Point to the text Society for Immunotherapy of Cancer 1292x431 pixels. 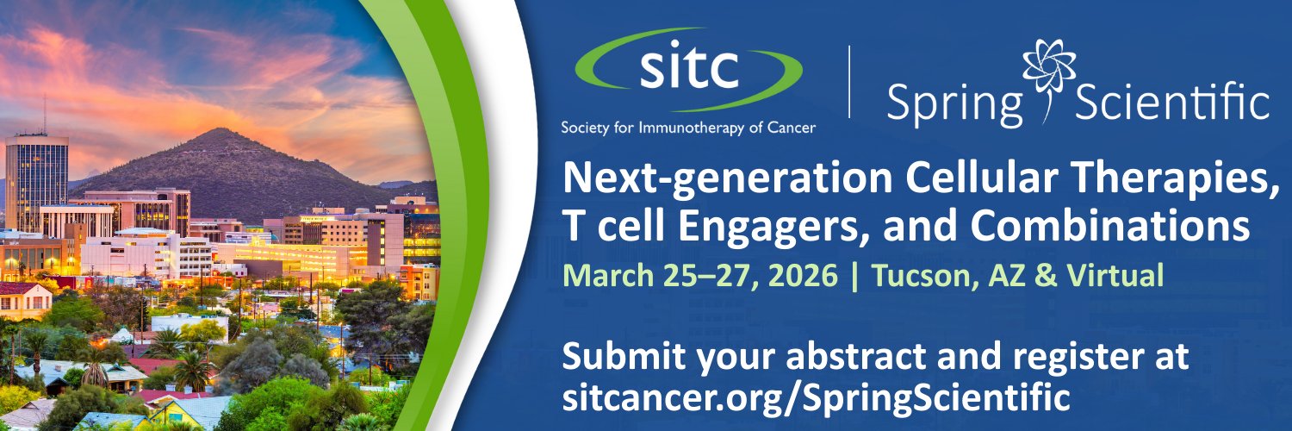click(688, 127)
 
